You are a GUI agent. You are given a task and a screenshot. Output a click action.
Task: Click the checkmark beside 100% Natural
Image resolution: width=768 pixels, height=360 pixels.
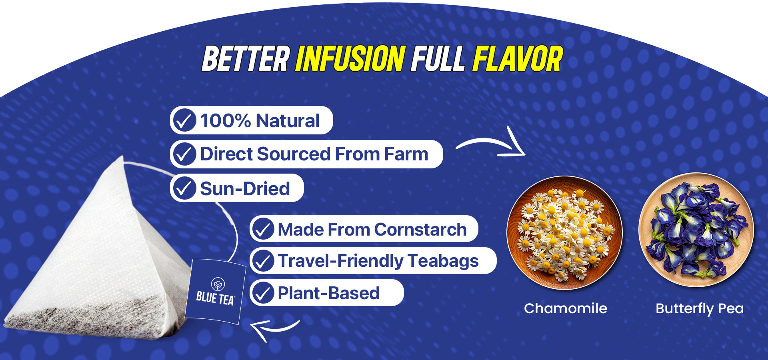click(184, 120)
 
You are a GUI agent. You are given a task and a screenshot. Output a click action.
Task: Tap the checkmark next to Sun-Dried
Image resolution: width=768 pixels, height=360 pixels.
click(184, 188)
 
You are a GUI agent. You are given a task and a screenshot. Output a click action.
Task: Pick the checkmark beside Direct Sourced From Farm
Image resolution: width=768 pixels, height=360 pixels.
click(184, 154)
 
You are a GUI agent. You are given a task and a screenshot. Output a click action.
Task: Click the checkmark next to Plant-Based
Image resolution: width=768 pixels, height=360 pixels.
click(263, 293)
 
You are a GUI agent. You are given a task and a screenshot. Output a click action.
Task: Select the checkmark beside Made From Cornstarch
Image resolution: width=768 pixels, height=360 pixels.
click(263, 229)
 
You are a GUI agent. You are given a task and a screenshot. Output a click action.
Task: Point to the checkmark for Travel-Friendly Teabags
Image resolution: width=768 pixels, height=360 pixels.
click(263, 261)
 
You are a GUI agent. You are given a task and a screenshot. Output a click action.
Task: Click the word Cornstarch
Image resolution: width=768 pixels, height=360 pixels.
click(420, 230)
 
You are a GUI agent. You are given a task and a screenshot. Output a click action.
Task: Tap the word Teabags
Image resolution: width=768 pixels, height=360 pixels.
click(443, 261)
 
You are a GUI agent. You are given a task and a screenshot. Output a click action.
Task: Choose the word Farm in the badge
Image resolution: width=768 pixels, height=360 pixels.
click(406, 154)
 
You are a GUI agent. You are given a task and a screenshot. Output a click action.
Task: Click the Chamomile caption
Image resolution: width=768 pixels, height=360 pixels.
click(565, 308)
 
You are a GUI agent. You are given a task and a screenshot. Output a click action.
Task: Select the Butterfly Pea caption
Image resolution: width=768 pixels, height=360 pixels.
click(700, 309)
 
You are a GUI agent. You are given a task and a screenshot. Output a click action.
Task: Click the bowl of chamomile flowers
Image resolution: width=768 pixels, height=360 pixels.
click(564, 233)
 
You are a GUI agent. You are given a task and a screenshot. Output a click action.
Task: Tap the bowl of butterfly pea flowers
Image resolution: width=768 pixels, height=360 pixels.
click(696, 230)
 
